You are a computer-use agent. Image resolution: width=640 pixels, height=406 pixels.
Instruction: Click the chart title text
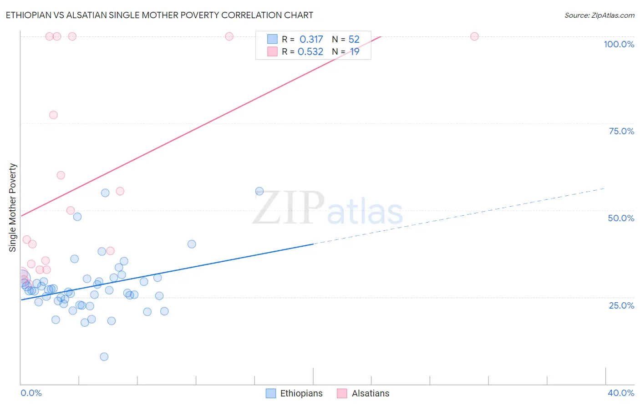(x=159, y=15)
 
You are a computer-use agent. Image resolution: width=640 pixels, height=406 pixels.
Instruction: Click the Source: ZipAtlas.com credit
(x=599, y=15)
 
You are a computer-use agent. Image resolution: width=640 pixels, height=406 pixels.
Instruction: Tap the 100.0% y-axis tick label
(x=619, y=44)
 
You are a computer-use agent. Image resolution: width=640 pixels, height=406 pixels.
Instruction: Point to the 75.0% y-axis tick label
(x=621, y=131)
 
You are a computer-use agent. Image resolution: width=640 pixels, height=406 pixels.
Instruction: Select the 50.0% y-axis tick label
(x=621, y=218)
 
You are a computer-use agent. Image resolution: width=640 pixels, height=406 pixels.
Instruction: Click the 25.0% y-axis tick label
(x=621, y=305)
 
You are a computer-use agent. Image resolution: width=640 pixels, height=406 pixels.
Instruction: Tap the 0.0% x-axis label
(x=31, y=393)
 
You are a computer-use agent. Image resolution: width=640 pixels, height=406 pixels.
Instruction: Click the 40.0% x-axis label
(x=621, y=393)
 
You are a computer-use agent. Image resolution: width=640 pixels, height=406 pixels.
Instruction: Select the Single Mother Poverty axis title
(x=13, y=208)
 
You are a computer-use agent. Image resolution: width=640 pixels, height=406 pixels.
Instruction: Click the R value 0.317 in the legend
(x=311, y=40)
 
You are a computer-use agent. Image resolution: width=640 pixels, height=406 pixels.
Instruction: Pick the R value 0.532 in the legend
(x=310, y=52)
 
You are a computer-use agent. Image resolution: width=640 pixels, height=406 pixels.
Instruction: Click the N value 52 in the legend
(x=354, y=40)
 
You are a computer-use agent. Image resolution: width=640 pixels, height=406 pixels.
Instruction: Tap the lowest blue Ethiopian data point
(x=104, y=356)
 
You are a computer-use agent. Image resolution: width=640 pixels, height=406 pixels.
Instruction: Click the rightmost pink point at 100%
(x=474, y=36)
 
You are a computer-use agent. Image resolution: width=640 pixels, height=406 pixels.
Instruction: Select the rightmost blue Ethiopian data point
(x=259, y=191)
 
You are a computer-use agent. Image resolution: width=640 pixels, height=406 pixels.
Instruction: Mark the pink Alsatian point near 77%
(x=53, y=115)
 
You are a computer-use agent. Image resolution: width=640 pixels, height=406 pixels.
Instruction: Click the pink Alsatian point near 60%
(x=61, y=175)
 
